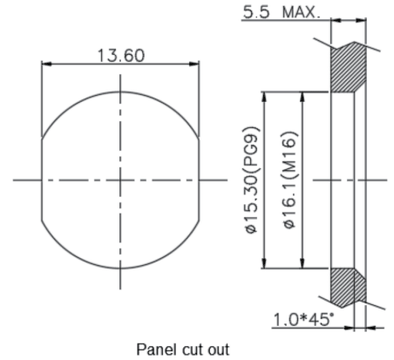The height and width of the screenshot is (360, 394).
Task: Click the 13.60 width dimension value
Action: pyautogui.click(x=120, y=56)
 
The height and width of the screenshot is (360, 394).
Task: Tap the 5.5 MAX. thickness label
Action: pyautogui.click(x=282, y=12)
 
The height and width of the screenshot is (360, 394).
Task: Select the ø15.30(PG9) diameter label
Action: pyautogui.click(x=252, y=180)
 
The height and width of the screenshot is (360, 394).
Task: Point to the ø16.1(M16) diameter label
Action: pyautogui.click(x=290, y=180)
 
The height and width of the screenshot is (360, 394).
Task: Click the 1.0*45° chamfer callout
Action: pyautogui.click(x=303, y=319)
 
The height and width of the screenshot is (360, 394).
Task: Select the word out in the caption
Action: pyautogui.click(x=219, y=350)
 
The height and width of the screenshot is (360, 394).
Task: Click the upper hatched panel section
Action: pyautogui.click(x=348, y=67)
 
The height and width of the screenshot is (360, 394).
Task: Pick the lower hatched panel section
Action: pyautogui.click(x=348, y=288)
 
